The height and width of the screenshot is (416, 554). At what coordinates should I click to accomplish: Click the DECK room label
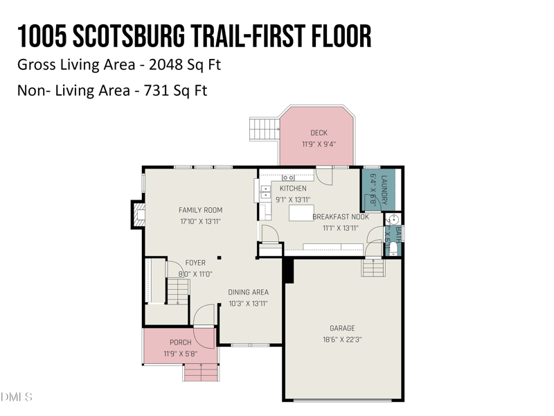(319, 132)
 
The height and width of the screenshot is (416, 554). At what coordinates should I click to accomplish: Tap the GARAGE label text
(342, 328)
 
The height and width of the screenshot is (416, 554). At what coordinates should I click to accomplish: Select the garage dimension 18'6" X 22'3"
(342, 340)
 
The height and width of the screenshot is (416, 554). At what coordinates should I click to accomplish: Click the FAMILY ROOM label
(200, 210)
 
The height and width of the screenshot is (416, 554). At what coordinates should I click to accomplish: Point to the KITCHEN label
(293, 189)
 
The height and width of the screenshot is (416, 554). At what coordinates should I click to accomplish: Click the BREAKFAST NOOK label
(340, 216)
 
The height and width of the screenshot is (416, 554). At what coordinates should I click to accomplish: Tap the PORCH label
(180, 343)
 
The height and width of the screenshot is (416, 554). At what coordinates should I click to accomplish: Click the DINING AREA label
(248, 292)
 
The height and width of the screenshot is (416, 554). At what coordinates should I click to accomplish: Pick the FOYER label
(195, 263)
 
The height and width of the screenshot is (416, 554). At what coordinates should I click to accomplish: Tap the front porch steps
(200, 373)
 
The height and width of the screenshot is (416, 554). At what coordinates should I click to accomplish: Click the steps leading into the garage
(372, 267)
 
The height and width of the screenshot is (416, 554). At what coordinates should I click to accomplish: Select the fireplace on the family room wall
(138, 214)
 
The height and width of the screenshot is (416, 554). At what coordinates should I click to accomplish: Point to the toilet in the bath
(393, 248)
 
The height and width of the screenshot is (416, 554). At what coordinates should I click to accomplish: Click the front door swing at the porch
(204, 336)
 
